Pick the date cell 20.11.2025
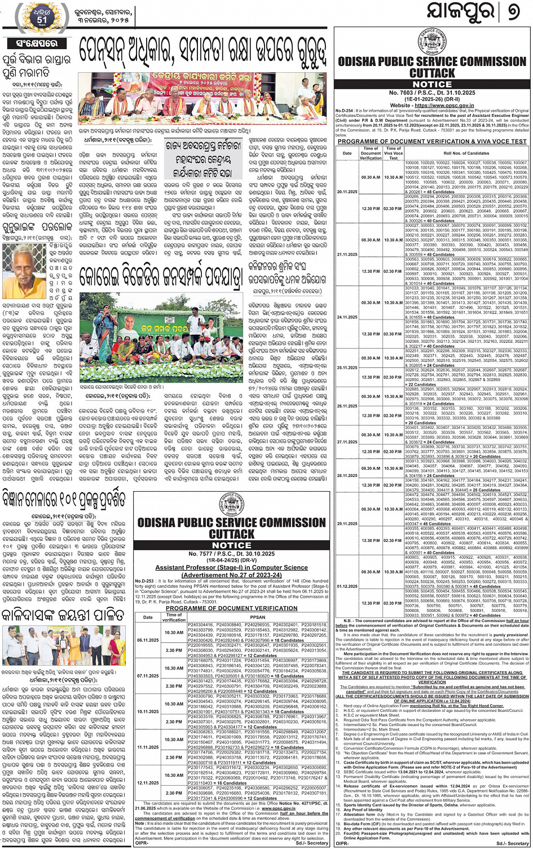coord(347,191)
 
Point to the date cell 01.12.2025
coord(347,586)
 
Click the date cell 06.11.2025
coord(148,640)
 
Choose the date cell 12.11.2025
coord(148,783)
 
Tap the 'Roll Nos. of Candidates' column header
coord(466,153)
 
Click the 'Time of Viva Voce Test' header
coord(393,153)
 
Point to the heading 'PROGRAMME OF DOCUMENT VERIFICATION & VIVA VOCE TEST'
coord(432,142)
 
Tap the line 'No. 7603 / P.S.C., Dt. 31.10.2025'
coord(433,92)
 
